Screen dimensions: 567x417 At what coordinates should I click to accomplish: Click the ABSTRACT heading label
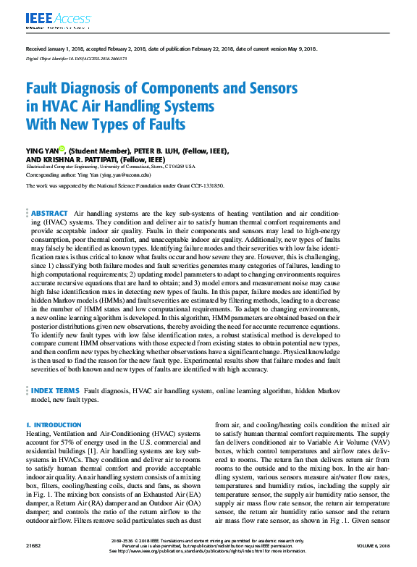[51, 214]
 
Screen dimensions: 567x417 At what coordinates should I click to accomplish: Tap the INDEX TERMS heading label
[57, 390]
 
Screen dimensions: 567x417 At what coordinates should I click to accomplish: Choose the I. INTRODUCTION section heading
[54, 424]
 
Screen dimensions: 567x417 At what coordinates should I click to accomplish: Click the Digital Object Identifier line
[71, 58]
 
